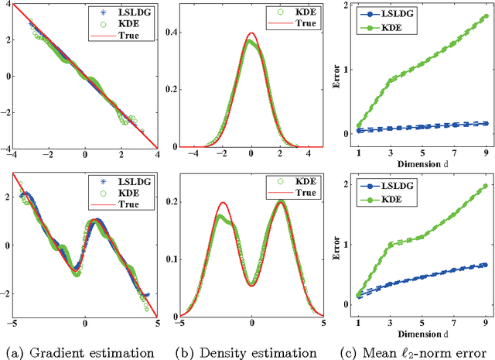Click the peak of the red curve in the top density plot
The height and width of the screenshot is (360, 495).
pos(251,33)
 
